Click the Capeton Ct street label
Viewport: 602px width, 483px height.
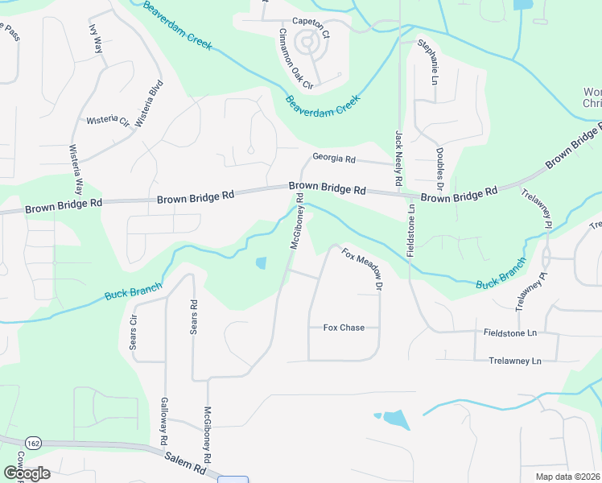(311, 22)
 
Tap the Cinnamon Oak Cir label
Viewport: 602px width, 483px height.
(295, 56)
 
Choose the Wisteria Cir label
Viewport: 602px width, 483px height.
(108, 121)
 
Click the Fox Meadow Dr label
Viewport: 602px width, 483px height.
(361, 269)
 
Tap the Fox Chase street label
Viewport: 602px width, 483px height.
(344, 328)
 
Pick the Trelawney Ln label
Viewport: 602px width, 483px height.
(515, 361)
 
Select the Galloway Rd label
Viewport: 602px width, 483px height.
(163, 418)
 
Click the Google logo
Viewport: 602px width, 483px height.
(27, 473)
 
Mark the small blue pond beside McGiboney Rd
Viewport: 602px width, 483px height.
(261, 262)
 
